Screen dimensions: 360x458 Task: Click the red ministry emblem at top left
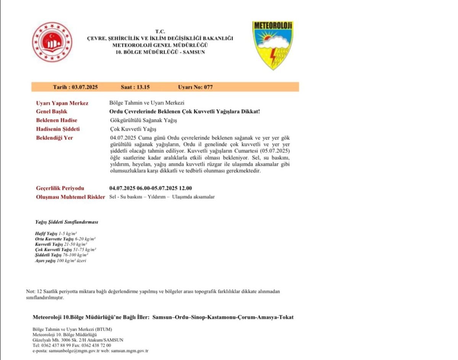(x=47, y=42)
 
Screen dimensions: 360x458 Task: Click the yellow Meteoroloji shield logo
(x=273, y=45)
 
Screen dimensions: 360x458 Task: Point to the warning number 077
(x=208, y=87)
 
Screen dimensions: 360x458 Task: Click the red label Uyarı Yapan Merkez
(x=62, y=103)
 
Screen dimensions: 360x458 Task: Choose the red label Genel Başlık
(x=52, y=111)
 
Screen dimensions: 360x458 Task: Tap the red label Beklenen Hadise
(x=56, y=120)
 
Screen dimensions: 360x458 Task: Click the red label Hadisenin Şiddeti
(x=58, y=129)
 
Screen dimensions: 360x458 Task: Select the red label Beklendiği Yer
(x=54, y=137)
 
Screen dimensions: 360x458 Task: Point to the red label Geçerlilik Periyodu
(x=60, y=188)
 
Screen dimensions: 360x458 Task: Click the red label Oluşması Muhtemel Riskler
(x=70, y=197)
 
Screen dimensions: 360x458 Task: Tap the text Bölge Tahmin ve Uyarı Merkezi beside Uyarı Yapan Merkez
(x=147, y=103)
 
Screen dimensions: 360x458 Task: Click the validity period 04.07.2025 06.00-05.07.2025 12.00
(x=150, y=188)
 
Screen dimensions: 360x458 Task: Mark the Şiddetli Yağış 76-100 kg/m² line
(x=61, y=255)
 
